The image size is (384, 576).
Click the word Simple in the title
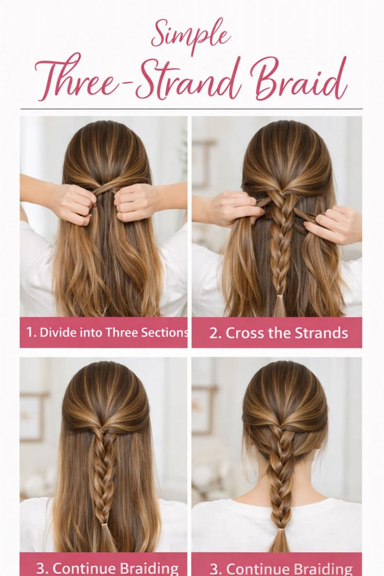(x=191, y=35)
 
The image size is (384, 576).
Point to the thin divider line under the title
(x=191, y=109)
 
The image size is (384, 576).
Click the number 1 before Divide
(x=30, y=332)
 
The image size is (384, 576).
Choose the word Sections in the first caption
(x=166, y=332)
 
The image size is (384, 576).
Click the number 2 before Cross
(x=215, y=332)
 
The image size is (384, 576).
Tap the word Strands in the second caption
(x=318, y=332)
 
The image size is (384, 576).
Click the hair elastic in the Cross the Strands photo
(x=279, y=296)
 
